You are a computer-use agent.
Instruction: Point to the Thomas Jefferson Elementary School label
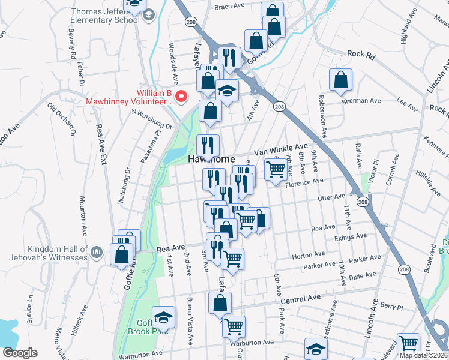106,16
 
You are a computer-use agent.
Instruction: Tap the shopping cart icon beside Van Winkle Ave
276,169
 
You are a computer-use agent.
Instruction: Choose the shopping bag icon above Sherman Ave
340,80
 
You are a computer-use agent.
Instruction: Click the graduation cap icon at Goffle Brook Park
162,317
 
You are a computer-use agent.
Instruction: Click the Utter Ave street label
331,196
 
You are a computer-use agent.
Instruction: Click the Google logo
19,353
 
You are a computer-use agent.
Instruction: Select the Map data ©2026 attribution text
423,355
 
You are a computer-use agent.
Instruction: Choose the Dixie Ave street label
363,275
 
